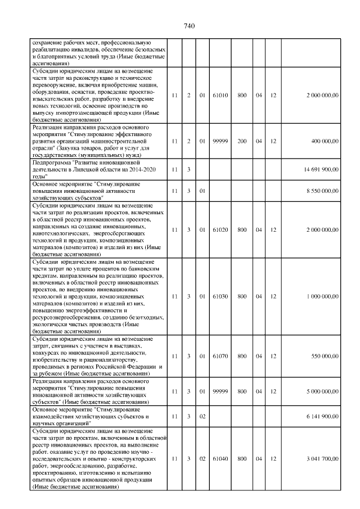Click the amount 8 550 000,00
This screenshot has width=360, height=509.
point(322,191)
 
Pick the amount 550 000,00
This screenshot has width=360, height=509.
point(325,356)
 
